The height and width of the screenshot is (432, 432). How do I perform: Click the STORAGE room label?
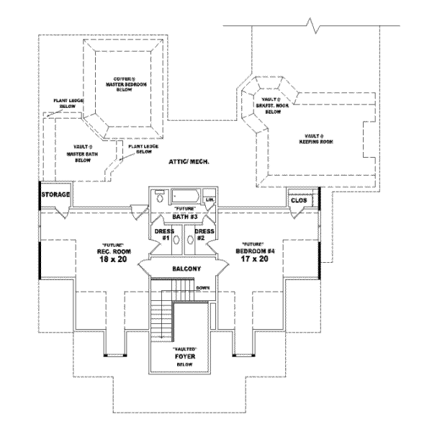point(55,194)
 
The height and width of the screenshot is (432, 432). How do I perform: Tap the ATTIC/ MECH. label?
point(189,163)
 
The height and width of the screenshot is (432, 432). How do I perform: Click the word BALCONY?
point(186,268)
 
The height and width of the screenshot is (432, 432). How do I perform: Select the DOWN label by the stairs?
point(202,288)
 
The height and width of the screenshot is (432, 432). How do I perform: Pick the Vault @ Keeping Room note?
point(312,139)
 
